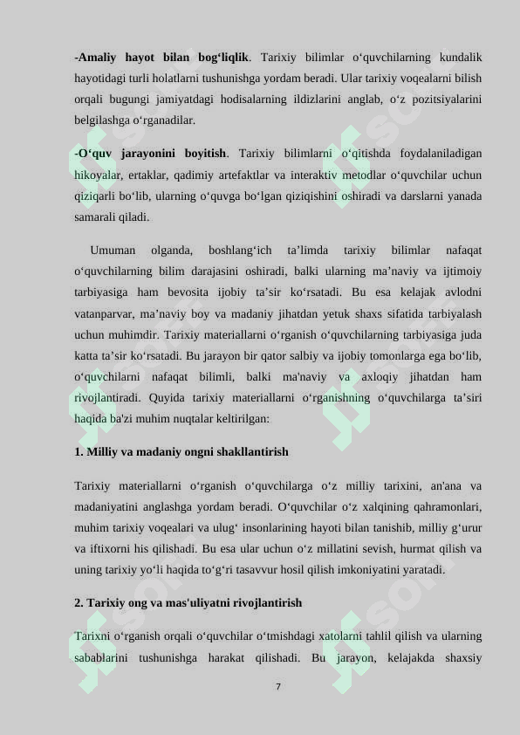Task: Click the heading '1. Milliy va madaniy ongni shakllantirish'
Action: (x=181, y=452)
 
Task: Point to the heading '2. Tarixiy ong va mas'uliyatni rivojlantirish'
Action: (x=188, y=602)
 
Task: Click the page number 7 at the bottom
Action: (x=278, y=687)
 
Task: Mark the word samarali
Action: (x=96, y=216)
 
